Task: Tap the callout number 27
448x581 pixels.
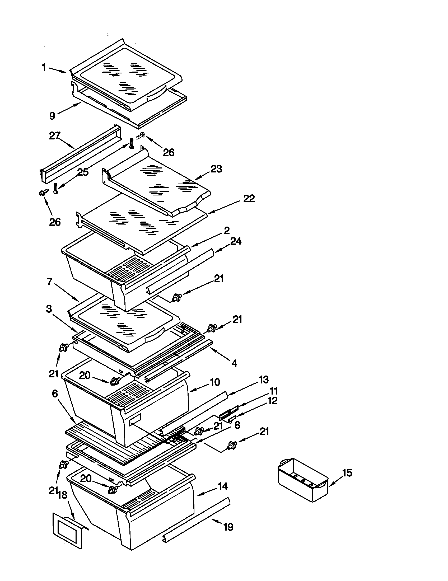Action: pos(55,136)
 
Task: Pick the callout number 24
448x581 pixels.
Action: pos(236,241)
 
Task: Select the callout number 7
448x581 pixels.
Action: pos(50,282)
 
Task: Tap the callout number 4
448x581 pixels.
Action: pos(234,363)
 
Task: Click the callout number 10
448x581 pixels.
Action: pos(215,383)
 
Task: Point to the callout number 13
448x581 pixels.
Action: pos(263,380)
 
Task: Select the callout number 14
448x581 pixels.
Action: pos(222,486)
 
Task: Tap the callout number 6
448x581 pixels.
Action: pos(55,394)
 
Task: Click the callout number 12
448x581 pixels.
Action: pos(272,401)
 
